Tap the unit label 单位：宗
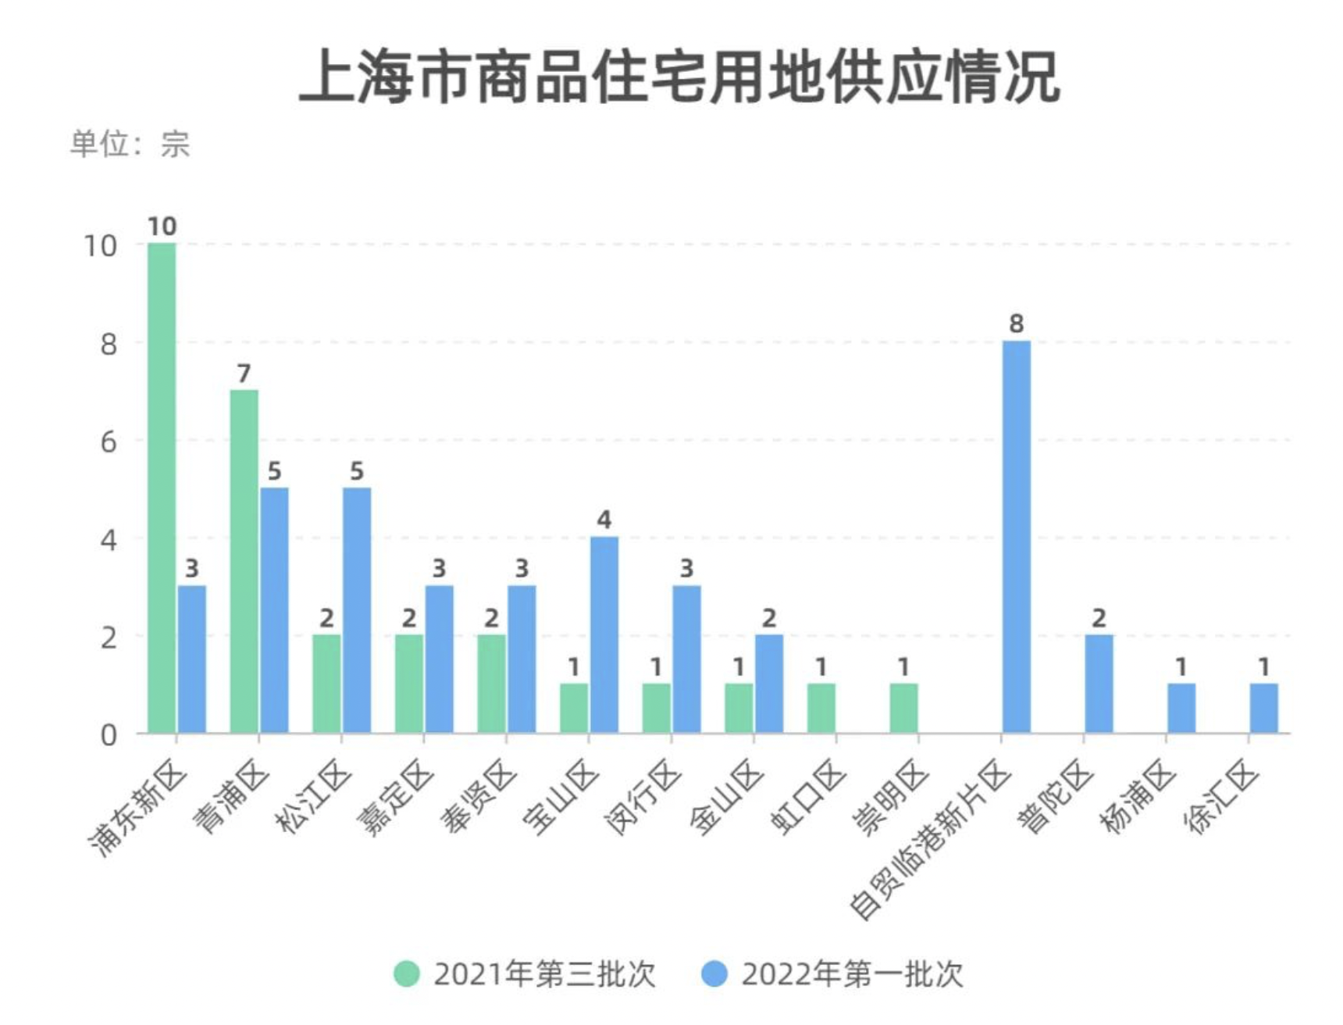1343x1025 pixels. (x=130, y=145)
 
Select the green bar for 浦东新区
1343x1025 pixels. (x=162, y=487)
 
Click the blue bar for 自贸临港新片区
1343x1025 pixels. (x=1016, y=537)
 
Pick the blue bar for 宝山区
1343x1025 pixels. (x=604, y=634)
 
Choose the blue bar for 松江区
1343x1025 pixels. (x=357, y=610)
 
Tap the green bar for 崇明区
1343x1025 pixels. (x=903, y=708)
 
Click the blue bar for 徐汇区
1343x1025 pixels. (x=1263, y=708)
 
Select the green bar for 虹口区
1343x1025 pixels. (x=821, y=708)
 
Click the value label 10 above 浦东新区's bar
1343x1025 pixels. (x=162, y=227)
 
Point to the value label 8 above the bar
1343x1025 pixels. (x=1016, y=323)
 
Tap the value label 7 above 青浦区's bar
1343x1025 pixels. (x=244, y=373)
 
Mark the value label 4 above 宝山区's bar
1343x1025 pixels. (x=604, y=520)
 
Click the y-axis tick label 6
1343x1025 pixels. (x=109, y=442)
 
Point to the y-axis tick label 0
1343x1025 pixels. (x=109, y=735)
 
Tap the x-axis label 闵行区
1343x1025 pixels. (x=643, y=798)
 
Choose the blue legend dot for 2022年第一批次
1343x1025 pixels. (x=714, y=974)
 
